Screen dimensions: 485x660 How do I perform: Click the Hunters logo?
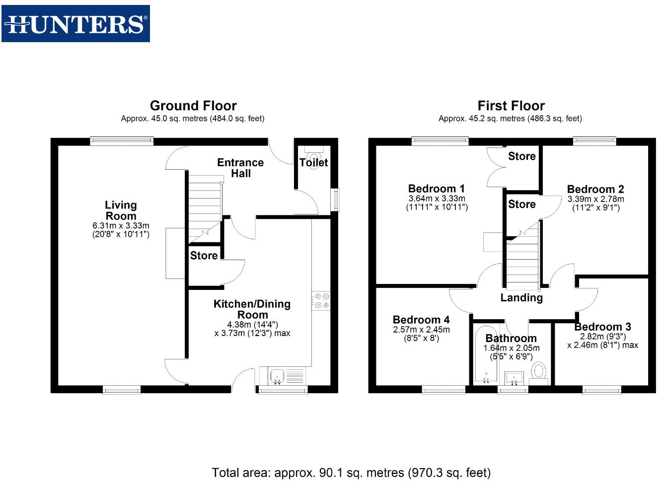click(75, 23)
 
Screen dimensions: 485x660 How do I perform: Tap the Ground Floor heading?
click(193, 106)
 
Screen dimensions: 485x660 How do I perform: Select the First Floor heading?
click(511, 106)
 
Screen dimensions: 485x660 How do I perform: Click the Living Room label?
click(121, 210)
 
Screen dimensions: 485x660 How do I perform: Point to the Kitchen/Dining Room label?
click(252, 309)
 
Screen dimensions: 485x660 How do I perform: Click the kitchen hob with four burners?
click(321, 301)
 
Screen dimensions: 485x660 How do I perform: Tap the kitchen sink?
click(277, 376)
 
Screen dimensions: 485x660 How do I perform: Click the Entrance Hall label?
click(240, 168)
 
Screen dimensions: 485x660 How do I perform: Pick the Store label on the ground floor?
click(204, 256)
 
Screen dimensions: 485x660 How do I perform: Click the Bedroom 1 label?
click(436, 189)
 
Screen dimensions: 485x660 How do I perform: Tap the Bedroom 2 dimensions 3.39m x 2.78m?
click(595, 199)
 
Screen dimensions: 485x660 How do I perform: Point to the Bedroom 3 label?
click(602, 327)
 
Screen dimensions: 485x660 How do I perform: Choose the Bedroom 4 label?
click(421, 320)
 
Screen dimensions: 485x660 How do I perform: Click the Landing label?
click(521, 297)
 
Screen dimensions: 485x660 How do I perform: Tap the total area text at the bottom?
click(351, 473)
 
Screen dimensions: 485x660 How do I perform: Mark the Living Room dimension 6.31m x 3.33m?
click(121, 226)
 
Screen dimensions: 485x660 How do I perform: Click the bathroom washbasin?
click(513, 378)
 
